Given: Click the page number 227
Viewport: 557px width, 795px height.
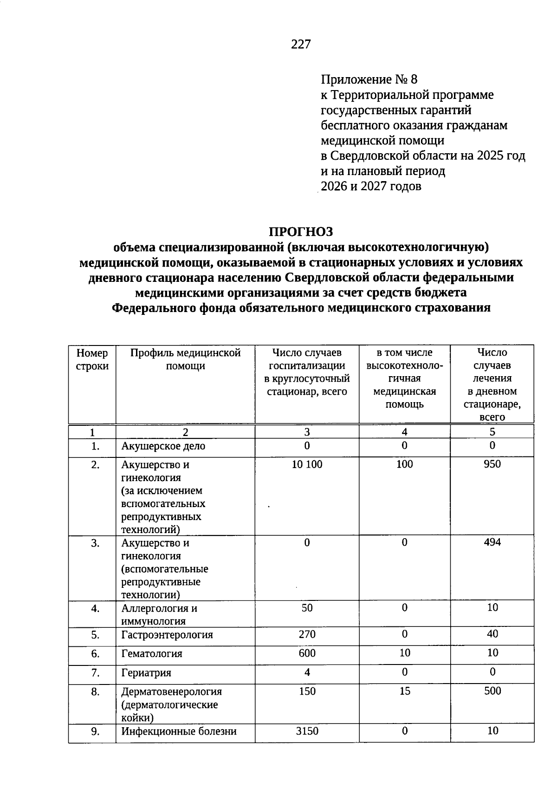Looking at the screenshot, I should (x=301, y=44).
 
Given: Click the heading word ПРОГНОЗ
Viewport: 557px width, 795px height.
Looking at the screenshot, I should (x=301, y=231).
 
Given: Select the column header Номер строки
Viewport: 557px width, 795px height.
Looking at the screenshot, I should (x=92, y=359).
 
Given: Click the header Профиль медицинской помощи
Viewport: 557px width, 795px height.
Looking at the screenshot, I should (x=185, y=359).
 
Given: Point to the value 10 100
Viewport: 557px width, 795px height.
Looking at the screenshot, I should (x=307, y=464).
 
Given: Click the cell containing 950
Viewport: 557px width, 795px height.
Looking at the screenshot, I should (x=492, y=464).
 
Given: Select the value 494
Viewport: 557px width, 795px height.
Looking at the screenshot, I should (x=492, y=542).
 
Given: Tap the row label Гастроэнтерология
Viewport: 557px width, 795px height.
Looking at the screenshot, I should (x=167, y=635).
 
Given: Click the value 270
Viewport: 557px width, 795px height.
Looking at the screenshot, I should (x=307, y=634).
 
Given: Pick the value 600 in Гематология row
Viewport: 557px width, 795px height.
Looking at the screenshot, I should (x=307, y=653).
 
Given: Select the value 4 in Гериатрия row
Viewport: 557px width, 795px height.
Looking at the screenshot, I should (x=307, y=672).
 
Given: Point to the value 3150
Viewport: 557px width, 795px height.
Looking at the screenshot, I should (x=307, y=731).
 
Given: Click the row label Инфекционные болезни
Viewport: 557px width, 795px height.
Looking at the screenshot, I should (x=179, y=731).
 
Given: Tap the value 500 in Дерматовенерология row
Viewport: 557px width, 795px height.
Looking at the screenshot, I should (x=492, y=691).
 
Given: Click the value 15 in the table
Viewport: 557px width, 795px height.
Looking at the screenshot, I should (x=405, y=691).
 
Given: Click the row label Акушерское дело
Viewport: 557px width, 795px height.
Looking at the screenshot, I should (x=163, y=446).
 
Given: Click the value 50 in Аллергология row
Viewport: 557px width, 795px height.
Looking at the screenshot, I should (x=307, y=607).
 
